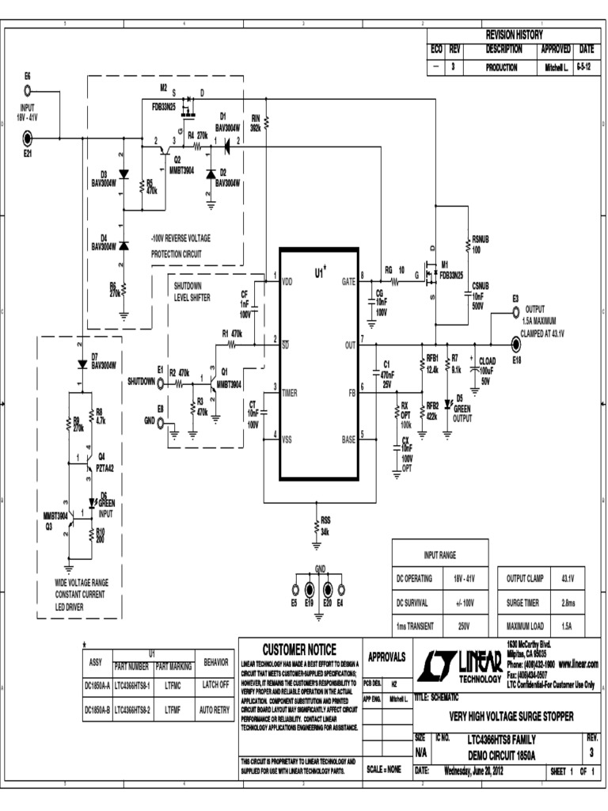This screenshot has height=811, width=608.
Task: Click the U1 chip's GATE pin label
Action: point(348,280)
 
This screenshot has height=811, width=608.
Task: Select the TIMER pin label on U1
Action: point(290,390)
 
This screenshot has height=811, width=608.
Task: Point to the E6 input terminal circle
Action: point(28,89)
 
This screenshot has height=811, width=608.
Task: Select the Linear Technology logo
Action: point(462,667)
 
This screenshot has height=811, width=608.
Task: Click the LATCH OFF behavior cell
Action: point(215,683)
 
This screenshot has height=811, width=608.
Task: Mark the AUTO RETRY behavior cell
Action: point(215,710)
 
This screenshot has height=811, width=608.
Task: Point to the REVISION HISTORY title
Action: point(514,35)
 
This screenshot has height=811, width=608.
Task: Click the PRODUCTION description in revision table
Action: point(501,68)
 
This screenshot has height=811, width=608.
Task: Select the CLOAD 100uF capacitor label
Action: point(486,366)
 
